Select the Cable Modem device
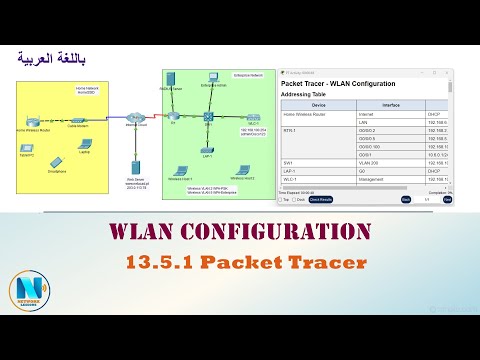(74, 120)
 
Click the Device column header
(318, 104)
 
